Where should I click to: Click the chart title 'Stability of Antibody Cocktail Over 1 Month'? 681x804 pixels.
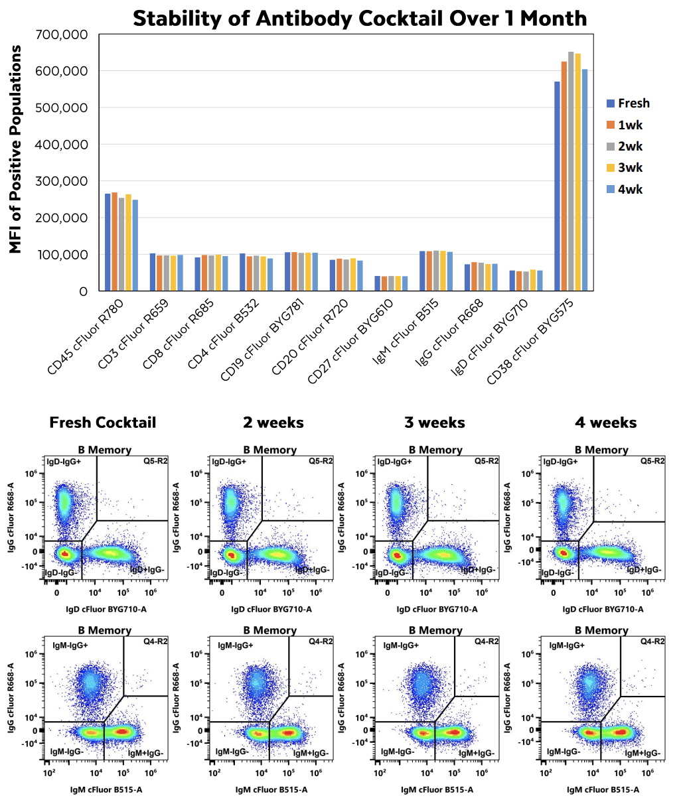[360, 18]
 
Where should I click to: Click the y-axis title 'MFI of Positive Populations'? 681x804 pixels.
[16, 149]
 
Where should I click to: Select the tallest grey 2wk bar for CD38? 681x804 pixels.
[571, 171]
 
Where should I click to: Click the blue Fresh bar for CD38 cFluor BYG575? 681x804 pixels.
[558, 186]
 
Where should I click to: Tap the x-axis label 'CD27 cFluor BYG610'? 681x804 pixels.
[350, 342]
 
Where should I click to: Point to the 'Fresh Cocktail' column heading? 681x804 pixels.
[103, 423]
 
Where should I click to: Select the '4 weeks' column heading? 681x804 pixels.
[605, 423]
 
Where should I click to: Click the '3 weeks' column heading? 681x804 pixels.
[435, 423]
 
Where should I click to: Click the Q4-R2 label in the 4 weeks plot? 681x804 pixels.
[652, 641]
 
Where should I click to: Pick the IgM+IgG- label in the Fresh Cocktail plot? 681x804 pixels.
[145, 753]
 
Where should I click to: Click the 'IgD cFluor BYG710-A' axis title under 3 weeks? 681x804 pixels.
[437, 609]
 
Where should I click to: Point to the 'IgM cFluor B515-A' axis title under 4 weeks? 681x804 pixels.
[603, 789]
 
